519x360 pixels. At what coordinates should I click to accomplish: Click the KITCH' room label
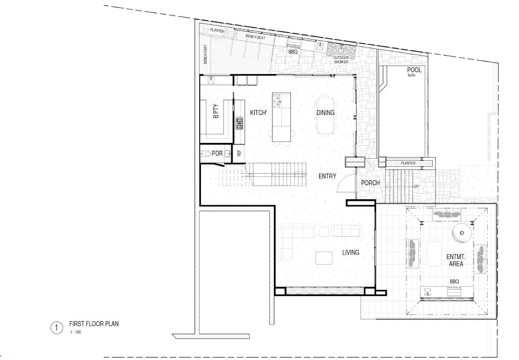pyautogui.click(x=258, y=113)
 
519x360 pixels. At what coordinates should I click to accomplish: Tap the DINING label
pyautogui.click(x=325, y=113)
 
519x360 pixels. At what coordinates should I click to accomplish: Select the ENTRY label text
pyautogui.click(x=327, y=176)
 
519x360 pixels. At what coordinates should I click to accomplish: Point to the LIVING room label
pyautogui.click(x=351, y=252)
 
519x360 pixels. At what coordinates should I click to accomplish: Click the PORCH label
pyautogui.click(x=370, y=183)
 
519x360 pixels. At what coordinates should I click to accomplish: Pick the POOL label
pyautogui.click(x=414, y=70)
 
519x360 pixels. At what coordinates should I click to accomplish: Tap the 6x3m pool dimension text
pyautogui.click(x=411, y=75)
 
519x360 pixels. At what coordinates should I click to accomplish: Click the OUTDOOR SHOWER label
pyautogui.click(x=341, y=60)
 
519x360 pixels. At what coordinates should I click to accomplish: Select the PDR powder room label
pyautogui.click(x=217, y=153)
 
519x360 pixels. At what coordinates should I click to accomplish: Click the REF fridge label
pyautogui.click(x=239, y=153)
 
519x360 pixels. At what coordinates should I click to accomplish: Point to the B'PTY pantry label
pyautogui.click(x=216, y=111)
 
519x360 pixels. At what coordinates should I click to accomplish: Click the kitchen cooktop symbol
pyautogui.click(x=239, y=123)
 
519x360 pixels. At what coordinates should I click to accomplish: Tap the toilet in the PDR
pyautogui.click(x=205, y=153)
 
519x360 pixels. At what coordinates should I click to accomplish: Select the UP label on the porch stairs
pyautogui.click(x=416, y=187)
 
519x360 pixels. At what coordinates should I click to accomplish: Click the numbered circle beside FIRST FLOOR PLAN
pyautogui.click(x=57, y=328)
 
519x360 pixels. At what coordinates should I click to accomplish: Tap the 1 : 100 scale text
pyautogui.click(x=76, y=332)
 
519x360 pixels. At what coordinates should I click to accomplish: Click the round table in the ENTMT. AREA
pyautogui.click(x=462, y=233)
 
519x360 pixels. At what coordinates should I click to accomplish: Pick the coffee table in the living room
pyautogui.click(x=324, y=258)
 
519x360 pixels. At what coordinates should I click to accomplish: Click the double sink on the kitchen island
pyautogui.click(x=277, y=101)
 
